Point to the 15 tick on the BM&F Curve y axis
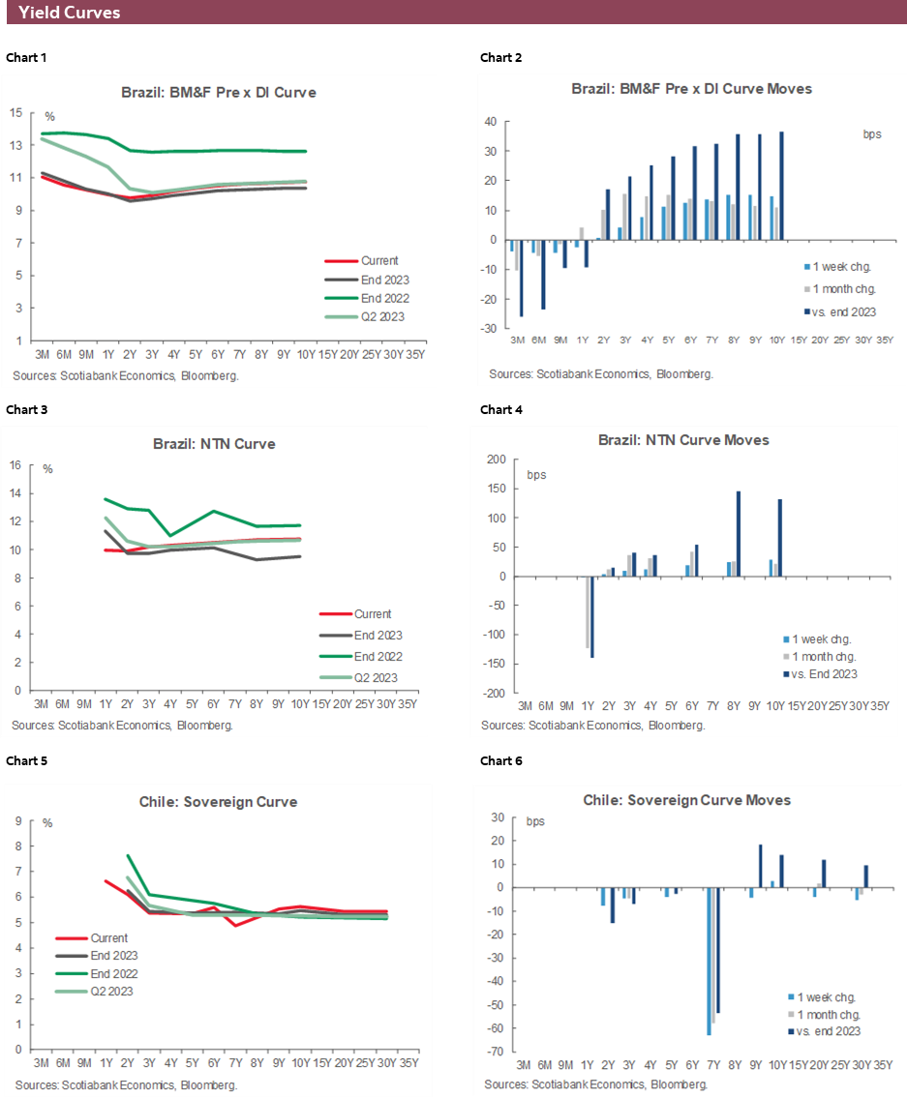(16, 113)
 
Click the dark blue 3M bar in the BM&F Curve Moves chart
(521, 278)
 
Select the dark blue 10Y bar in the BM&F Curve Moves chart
(781, 186)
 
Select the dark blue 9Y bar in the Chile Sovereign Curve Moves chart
(760, 866)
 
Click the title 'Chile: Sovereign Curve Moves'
(686, 800)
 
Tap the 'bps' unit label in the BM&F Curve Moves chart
(871, 134)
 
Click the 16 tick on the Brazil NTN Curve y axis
(15, 465)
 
